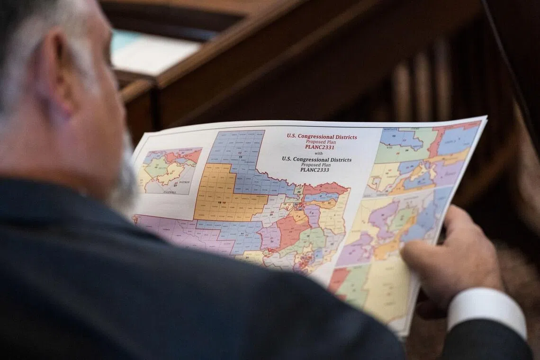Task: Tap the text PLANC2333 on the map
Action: click(315, 170)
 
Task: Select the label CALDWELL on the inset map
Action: click(170, 192)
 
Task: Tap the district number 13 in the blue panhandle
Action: click(241, 156)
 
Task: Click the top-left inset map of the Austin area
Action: click(169, 171)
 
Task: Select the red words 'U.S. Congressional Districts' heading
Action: click(322, 136)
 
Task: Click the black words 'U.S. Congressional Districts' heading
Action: click(316, 160)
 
